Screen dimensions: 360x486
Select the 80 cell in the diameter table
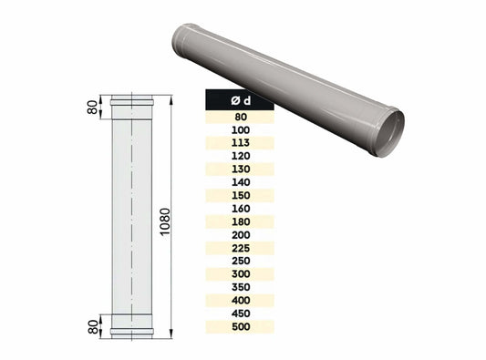click(240, 116)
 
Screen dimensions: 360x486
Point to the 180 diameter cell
click(240, 221)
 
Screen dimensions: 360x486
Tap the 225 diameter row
click(240, 247)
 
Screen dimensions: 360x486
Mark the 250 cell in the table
click(240, 260)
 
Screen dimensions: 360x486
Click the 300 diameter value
click(240, 273)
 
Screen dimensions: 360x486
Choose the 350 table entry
click(240, 286)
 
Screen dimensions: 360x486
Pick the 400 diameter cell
click(240, 299)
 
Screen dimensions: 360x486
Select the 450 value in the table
click(240, 313)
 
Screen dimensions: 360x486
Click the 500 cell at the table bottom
click(240, 325)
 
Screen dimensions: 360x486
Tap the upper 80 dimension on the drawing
click(93, 108)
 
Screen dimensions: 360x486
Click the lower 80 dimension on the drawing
click(93, 325)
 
